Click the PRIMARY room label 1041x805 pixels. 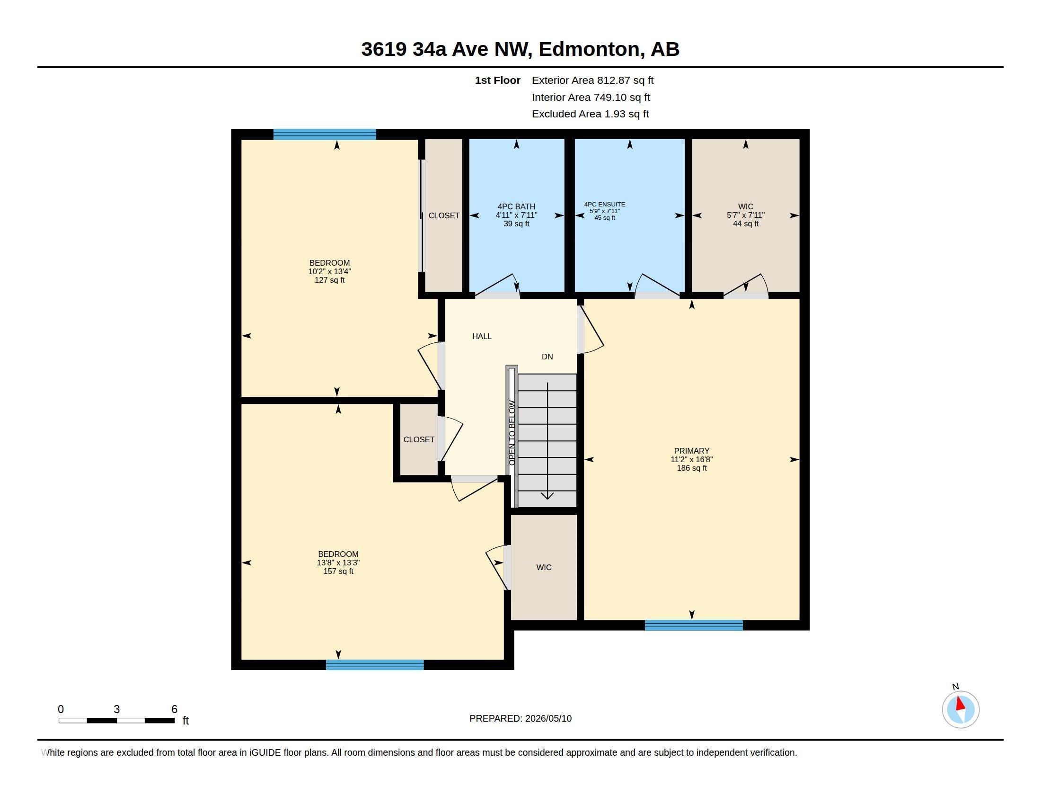pos(691,451)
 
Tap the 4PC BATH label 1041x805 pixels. pos(516,206)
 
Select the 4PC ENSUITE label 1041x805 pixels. pos(604,204)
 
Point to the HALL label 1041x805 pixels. pos(482,336)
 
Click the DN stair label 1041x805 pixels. pos(547,357)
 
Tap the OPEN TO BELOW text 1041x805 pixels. pos(512,432)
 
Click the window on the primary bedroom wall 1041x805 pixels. pos(694,625)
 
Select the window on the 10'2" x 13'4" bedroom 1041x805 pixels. pos(325,134)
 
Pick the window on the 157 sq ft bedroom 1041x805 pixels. pos(375,665)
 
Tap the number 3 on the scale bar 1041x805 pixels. pos(116,709)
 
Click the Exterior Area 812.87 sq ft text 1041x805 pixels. pos(592,80)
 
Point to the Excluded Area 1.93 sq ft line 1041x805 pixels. pos(590,114)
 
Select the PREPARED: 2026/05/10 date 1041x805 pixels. pos(520,718)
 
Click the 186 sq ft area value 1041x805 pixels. pos(692,468)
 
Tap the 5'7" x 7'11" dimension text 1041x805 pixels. pos(745,215)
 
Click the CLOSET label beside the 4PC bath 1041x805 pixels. pos(444,215)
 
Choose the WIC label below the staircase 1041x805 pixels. pos(544,567)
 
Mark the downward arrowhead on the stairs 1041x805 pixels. pos(547,496)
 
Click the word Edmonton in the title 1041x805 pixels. pos(589,49)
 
